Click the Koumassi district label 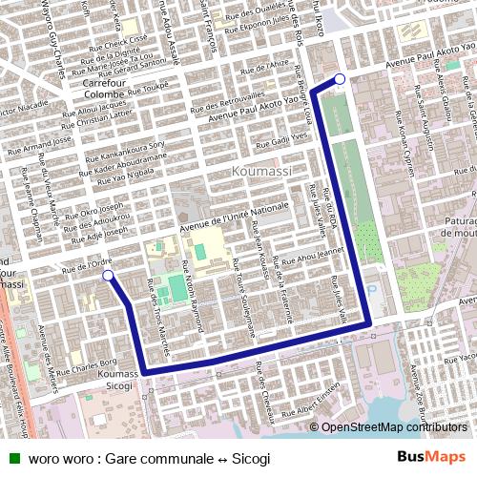tap(259, 171)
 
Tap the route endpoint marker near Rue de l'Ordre tap(109, 277)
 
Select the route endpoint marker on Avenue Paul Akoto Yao tap(340, 79)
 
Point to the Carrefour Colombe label tap(98, 89)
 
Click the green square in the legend tap(14, 458)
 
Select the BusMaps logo tap(433, 457)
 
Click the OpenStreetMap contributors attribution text tap(394, 427)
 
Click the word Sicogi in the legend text tap(252, 458)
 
